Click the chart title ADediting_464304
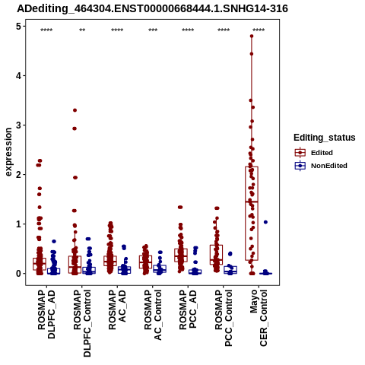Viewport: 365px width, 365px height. (x=152, y=9)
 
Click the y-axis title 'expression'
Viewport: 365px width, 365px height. (x=8, y=152)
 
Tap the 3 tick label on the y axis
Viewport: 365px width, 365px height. (x=18, y=125)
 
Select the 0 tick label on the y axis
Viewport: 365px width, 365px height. (x=18, y=274)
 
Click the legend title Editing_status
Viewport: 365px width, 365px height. (x=325, y=138)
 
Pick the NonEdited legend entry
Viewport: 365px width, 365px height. (x=321, y=166)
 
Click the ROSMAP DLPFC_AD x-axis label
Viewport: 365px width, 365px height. (x=46, y=314)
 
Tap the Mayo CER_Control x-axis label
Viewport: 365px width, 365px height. (x=259, y=318)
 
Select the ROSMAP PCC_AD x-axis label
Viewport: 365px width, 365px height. (x=188, y=309)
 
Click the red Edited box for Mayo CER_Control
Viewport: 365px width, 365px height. (x=252, y=214)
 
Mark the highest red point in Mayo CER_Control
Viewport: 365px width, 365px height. (x=252, y=36)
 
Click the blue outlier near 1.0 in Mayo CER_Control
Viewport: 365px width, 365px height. (x=265, y=222)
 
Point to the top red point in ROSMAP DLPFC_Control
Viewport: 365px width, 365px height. (x=75, y=110)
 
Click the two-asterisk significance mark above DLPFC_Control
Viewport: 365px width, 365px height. (x=82, y=30)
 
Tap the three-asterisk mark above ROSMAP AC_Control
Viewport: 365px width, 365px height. (x=153, y=30)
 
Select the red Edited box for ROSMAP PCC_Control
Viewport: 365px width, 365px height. (x=217, y=255)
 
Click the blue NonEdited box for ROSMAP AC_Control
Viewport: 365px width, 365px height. (x=160, y=269)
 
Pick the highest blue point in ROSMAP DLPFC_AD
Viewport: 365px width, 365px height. (x=54, y=241)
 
